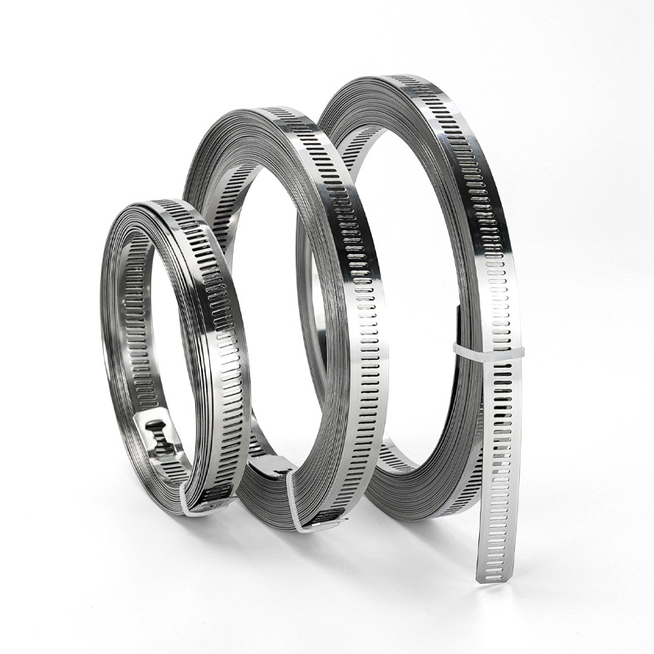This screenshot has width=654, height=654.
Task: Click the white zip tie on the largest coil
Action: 489,350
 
